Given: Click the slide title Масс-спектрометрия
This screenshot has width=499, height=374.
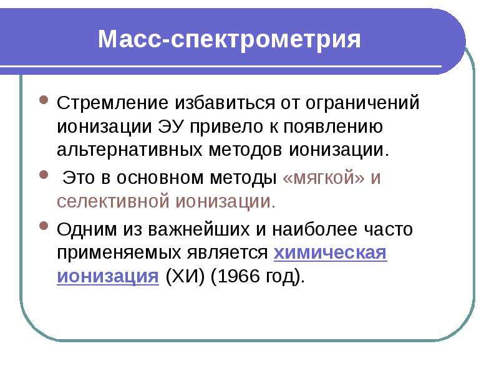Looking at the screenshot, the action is click(229, 40).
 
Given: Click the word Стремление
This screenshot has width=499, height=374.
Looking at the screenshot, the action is click(113, 103).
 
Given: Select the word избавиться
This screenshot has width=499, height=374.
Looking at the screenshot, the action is click(225, 102).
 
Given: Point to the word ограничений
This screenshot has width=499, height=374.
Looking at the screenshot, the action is click(362, 103).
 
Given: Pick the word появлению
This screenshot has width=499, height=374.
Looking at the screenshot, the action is click(333, 127).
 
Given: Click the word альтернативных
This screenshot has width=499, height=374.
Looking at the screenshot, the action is click(130, 150).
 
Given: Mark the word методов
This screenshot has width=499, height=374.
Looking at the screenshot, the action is click(245, 150).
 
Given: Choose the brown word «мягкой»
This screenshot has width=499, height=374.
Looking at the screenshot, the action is click(323, 178).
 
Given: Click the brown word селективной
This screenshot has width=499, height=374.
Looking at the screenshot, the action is click(113, 201).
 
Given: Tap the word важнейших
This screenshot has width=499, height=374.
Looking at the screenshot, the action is click(199, 229).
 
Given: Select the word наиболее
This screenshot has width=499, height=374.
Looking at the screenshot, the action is click(315, 229).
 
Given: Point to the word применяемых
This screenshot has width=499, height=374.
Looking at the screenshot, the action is click(119, 253).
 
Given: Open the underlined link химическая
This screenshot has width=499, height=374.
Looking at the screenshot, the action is click(331, 253).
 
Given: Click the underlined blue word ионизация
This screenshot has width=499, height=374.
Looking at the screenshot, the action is click(108, 276).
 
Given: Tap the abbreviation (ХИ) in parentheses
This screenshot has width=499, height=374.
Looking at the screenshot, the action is click(185, 276).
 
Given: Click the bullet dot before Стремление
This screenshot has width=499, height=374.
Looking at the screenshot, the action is click(44, 100).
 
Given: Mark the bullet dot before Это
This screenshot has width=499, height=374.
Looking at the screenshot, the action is click(44, 175).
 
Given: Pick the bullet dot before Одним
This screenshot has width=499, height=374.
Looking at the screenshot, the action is click(44, 226).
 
